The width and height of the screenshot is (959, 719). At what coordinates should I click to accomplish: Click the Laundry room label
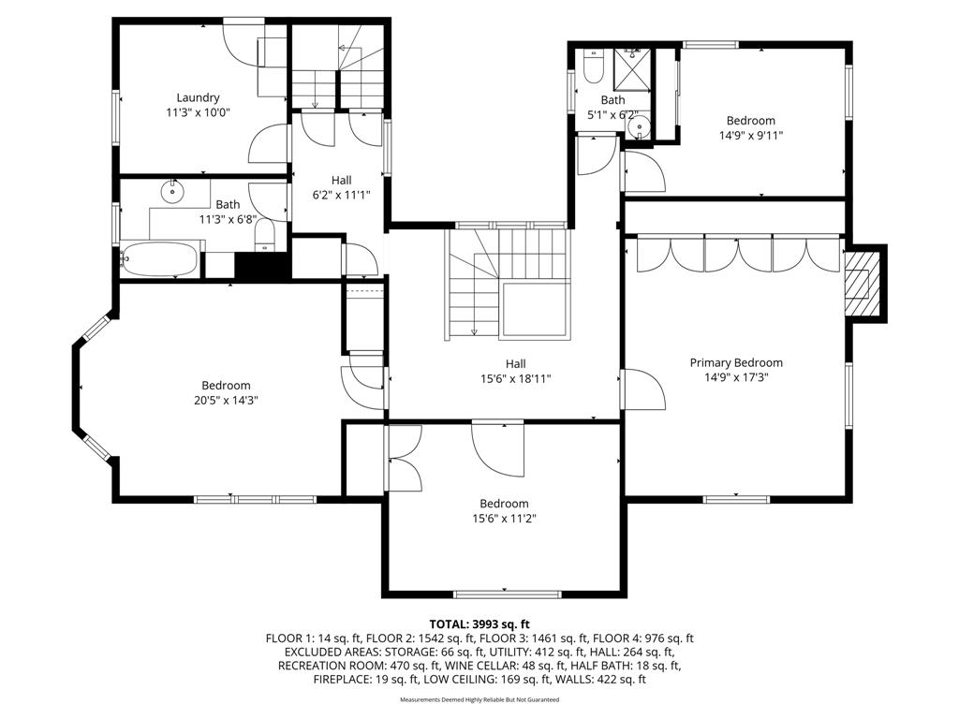(x=198, y=97)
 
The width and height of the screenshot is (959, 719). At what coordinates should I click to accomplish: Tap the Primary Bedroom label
(x=736, y=362)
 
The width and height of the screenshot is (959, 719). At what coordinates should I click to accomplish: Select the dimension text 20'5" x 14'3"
(x=226, y=401)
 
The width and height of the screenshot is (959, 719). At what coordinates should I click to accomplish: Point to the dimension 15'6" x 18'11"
(x=516, y=379)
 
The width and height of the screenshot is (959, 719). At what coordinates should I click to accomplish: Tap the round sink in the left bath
(x=172, y=191)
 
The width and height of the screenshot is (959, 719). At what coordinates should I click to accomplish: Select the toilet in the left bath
(x=264, y=235)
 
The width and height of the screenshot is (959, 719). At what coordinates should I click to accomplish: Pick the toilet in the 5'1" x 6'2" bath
(x=593, y=66)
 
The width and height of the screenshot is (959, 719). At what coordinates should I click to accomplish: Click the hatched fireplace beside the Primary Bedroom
(x=858, y=276)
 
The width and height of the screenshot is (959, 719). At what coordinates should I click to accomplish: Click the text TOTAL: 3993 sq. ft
(x=479, y=624)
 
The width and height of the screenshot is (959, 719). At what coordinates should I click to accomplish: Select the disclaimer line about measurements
(x=479, y=699)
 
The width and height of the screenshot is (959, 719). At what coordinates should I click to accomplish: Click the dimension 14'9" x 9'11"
(x=750, y=136)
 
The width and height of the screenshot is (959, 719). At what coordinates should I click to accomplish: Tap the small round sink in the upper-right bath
(x=639, y=127)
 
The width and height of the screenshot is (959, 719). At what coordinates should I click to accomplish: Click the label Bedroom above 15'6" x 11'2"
(x=504, y=504)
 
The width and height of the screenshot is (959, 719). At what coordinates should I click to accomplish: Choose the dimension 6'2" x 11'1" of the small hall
(x=341, y=195)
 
